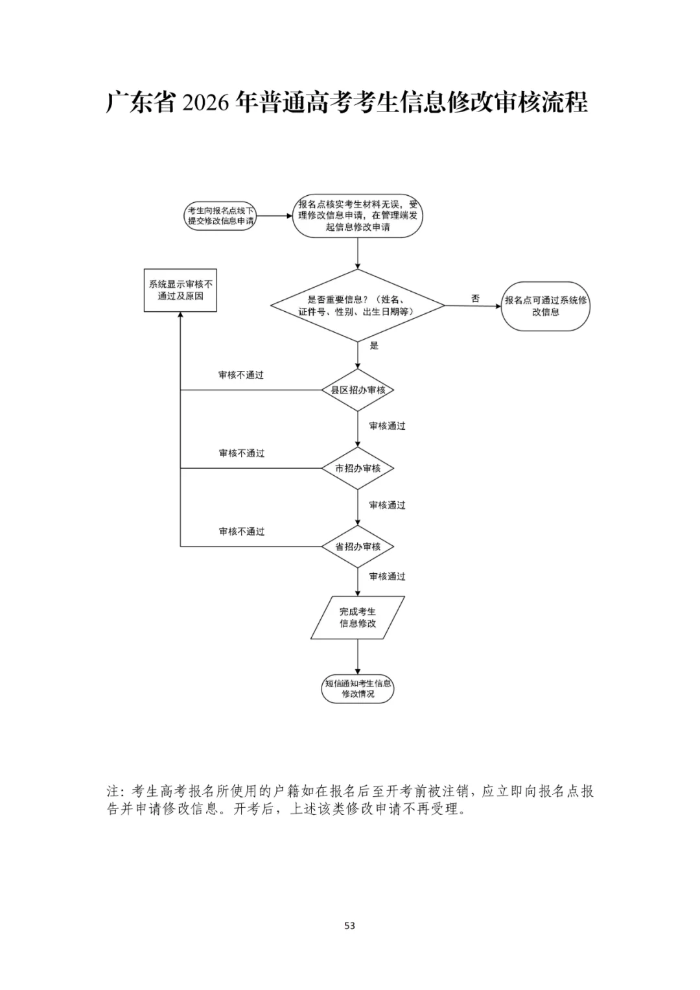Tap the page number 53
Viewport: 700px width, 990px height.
[x=349, y=925]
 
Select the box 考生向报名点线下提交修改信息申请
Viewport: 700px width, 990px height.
[x=220, y=216]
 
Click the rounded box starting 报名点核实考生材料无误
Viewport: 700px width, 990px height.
[x=357, y=216]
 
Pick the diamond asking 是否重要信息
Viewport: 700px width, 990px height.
[x=357, y=305]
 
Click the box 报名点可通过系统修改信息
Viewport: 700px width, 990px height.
[x=545, y=306]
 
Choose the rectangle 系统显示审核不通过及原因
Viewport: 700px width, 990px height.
[x=180, y=290]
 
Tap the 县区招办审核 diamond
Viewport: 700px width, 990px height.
[x=357, y=390]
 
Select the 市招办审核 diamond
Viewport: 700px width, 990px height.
[x=357, y=468]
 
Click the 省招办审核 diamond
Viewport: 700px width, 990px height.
[x=357, y=547]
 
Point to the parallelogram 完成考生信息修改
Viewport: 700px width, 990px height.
[x=357, y=617]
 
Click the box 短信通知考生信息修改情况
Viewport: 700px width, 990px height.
[x=357, y=689]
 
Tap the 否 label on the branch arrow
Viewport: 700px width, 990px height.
[x=476, y=298]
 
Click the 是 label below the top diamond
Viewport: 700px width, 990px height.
[x=374, y=346]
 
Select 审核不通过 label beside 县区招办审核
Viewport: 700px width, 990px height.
[x=241, y=375]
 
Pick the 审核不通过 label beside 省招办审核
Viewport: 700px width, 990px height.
[x=241, y=532]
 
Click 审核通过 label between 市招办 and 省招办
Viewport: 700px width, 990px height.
[x=387, y=505]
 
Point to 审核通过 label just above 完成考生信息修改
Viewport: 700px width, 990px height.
[x=387, y=576]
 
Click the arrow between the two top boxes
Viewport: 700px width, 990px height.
[x=274, y=216]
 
